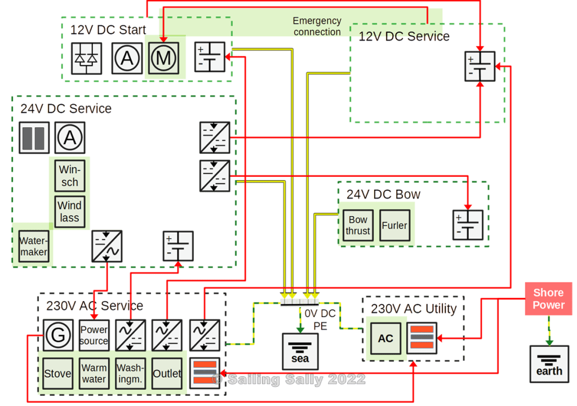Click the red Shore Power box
pos(548,299)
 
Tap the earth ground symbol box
pos(549,364)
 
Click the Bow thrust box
pos(358,225)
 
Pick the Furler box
pos(394,225)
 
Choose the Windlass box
pos(70,211)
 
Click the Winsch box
pos(70,176)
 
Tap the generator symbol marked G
pos(58,336)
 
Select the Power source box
pos(94,336)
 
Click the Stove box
pos(58,373)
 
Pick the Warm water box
pos(94,373)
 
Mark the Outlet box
pos(167,373)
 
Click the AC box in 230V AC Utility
pos(385,338)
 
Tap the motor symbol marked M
pos(164,57)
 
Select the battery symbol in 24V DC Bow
pos(468,225)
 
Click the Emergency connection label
pos(317,26)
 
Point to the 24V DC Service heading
pos(66,108)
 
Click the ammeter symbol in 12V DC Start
pos(127,57)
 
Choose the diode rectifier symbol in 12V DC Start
pos(87,57)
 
